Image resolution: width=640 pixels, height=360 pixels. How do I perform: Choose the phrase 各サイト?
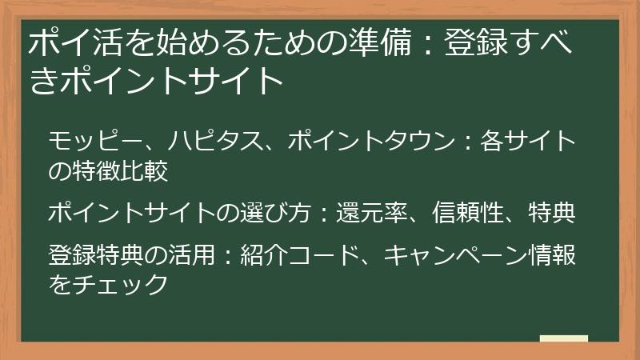pyautogui.click(x=528, y=142)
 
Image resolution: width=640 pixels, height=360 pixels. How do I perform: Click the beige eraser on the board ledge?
pyautogui.click(x=563, y=339)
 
